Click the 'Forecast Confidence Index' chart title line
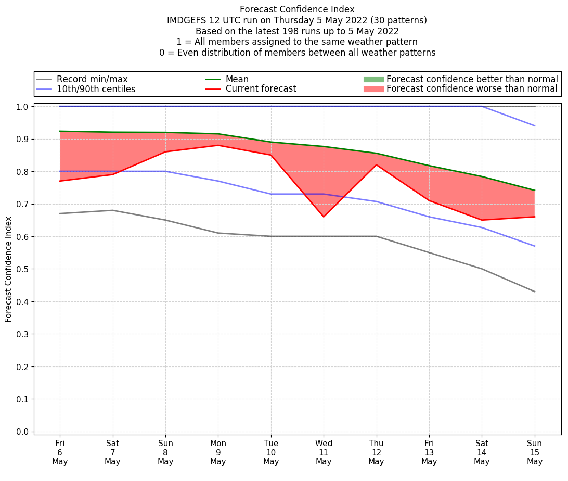[297, 9]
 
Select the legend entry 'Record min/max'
[92, 79]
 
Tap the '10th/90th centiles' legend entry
[96, 89]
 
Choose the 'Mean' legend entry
[237, 79]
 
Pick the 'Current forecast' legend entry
[261, 89]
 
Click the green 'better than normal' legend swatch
[373, 79]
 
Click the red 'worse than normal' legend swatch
[373, 89]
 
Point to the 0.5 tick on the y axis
[24, 269]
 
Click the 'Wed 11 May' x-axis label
[324, 452]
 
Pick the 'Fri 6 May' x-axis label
[60, 452]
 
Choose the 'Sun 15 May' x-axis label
[535, 452]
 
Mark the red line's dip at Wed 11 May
[324, 217]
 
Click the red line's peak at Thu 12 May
[376, 165]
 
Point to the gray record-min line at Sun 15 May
[535, 292]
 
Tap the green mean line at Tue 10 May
[271, 142]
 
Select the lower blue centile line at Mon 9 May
[218, 181]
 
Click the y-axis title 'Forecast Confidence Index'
[9, 269]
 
